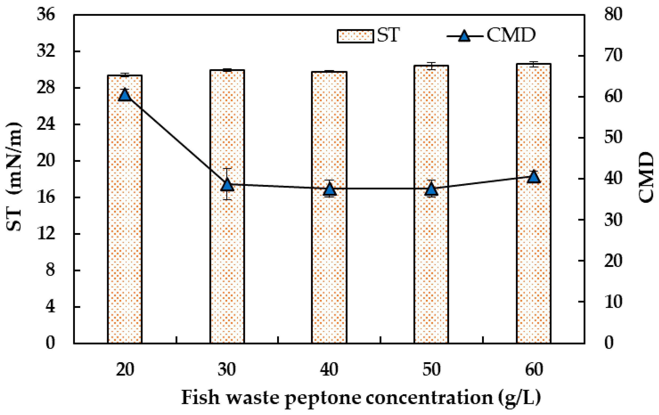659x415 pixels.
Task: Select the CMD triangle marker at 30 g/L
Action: pyautogui.click(x=227, y=185)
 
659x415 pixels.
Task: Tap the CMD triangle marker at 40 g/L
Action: pyautogui.click(x=329, y=189)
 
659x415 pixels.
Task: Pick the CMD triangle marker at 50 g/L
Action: pyautogui.click(x=432, y=189)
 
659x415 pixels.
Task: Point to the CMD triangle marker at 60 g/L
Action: pyautogui.click(x=534, y=177)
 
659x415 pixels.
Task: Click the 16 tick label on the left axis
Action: pyautogui.click(x=46, y=197)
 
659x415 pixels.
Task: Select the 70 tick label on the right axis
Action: pyautogui.click(x=613, y=55)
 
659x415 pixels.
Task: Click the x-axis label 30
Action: pyautogui.click(x=227, y=370)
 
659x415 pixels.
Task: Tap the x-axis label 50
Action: pyautogui.click(x=432, y=370)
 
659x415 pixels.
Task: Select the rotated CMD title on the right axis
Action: pyautogui.click(x=646, y=177)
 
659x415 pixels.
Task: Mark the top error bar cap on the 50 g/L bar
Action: pyautogui.click(x=432, y=63)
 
